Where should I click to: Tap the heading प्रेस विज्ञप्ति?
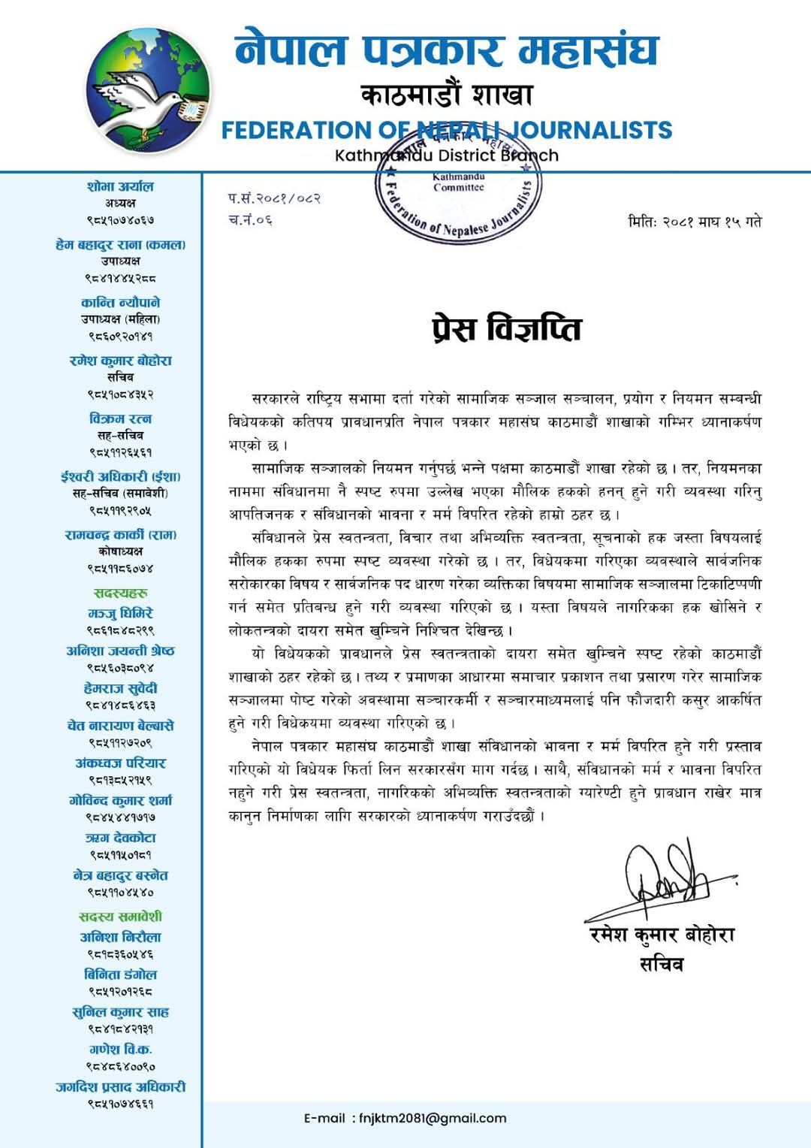[507, 328]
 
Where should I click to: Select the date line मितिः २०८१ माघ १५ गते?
[695, 222]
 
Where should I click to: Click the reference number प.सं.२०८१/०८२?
[274, 198]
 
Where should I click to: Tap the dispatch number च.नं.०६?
[250, 219]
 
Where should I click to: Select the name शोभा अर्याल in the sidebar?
[120, 186]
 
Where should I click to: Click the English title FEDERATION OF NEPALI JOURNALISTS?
[446, 130]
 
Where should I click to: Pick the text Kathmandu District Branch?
[446, 156]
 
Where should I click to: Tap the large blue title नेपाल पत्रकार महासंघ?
[446, 50]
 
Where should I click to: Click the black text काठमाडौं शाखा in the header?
[446, 95]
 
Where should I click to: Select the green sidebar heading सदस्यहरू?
[120, 593]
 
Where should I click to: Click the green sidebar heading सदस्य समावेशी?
[120, 916]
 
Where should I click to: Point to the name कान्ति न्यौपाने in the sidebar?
[120, 302]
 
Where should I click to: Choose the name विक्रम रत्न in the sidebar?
[120, 418]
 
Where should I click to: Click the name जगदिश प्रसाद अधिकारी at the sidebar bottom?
[120, 1086]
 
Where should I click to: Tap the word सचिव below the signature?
[661, 965]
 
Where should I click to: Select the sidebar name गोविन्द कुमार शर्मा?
[120, 800]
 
